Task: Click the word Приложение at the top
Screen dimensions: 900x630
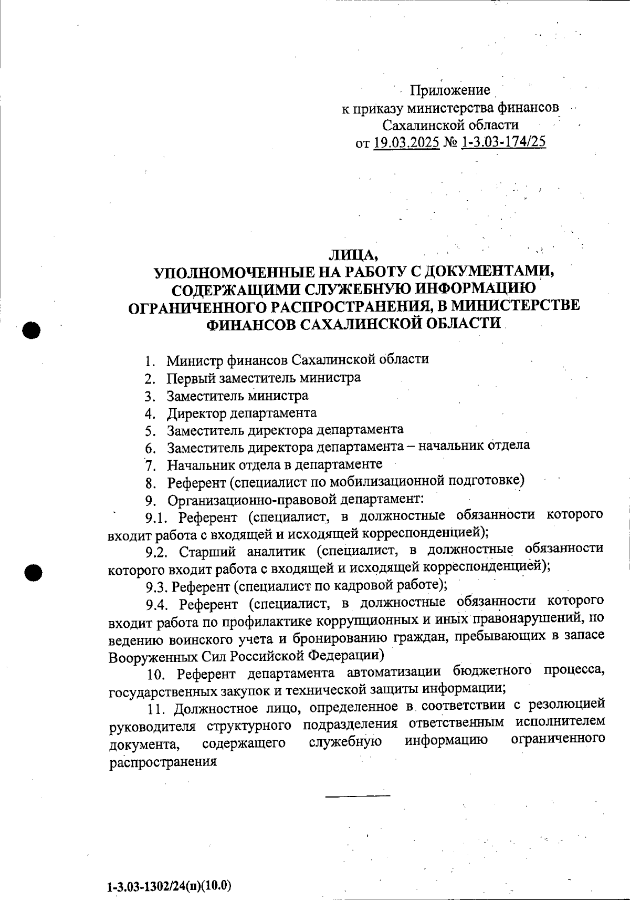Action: pos(450,90)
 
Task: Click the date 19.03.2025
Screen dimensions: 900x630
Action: pos(406,142)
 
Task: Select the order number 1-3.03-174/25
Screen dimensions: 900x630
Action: pos(503,142)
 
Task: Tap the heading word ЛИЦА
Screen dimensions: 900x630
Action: pos(353,256)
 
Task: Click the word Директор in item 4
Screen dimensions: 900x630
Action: pos(197,413)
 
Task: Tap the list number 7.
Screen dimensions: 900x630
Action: pos(151,465)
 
